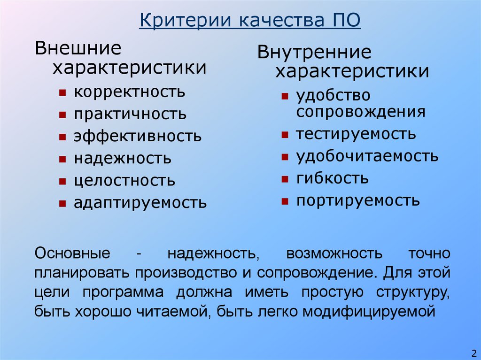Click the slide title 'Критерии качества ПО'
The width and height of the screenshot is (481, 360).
coord(249,21)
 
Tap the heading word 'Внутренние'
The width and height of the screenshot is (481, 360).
coord(314,52)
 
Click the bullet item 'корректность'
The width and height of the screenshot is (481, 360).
coord(129,92)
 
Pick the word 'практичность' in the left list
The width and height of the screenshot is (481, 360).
coord(130,114)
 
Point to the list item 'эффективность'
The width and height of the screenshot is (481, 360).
coord(138,136)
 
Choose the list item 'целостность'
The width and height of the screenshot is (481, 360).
coord(124,180)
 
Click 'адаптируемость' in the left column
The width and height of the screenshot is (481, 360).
coord(140,203)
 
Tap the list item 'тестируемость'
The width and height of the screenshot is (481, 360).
coord(356,134)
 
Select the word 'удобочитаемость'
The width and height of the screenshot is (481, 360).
coord(367,156)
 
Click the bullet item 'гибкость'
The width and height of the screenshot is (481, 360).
coord(332,179)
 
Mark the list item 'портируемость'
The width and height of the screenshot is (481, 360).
coord(358,201)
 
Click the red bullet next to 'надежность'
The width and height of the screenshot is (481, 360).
coord(62,159)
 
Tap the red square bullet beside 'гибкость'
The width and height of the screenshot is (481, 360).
coord(285,179)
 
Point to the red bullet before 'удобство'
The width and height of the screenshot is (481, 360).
coord(285,97)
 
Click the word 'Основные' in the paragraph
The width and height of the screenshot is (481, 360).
coord(72,254)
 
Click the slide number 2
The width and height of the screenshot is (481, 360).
coord(473,352)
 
